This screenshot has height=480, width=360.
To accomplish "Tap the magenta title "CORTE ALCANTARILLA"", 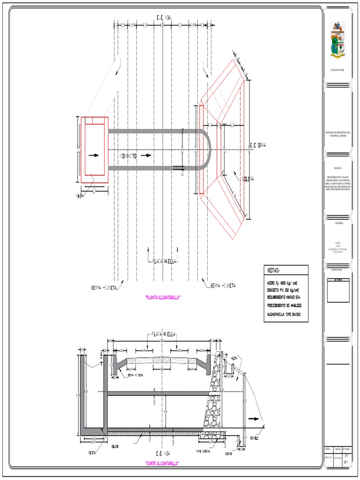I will point(163,463).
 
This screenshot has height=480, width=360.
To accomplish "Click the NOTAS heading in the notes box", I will point(273,270).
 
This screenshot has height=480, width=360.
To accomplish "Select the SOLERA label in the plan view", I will point(248,179).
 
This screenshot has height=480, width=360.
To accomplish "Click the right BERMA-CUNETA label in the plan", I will point(223,285).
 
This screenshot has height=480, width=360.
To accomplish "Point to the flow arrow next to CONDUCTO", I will point(148,155).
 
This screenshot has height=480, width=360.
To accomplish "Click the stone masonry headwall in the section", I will point(213,398).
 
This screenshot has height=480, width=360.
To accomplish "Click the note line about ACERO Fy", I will point(285,284).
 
